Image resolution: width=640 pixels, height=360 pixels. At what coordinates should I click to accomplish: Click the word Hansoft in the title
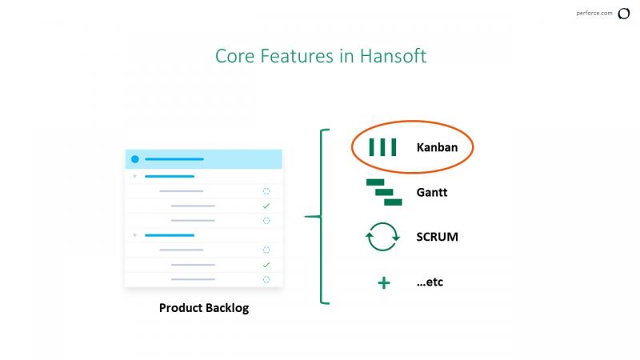(x=393, y=56)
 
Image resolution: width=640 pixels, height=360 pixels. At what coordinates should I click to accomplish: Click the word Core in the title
(x=234, y=56)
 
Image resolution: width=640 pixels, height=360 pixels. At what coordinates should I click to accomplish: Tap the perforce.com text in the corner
(x=594, y=13)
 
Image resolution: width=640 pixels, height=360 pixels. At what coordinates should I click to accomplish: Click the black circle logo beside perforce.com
(x=624, y=14)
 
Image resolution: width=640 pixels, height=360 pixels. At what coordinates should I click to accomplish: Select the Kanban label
(x=437, y=147)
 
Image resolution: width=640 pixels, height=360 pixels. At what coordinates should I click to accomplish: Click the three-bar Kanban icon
(x=382, y=147)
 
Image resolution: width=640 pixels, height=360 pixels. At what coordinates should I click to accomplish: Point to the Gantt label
(x=431, y=192)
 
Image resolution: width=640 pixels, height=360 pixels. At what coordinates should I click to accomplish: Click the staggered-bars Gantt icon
(x=384, y=192)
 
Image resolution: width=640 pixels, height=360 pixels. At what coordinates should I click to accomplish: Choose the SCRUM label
(x=437, y=237)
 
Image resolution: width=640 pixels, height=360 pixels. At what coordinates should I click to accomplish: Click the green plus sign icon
(x=384, y=282)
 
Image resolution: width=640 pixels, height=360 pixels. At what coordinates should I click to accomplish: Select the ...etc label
(x=430, y=282)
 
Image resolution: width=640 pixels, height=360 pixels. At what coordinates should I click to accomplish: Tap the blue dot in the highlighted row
(x=135, y=158)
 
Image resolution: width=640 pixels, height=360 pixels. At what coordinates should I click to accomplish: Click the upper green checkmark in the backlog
(x=266, y=206)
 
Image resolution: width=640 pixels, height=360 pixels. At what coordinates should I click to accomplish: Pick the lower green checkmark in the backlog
(x=266, y=265)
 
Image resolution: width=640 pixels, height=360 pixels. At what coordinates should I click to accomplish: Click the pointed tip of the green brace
(x=305, y=216)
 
